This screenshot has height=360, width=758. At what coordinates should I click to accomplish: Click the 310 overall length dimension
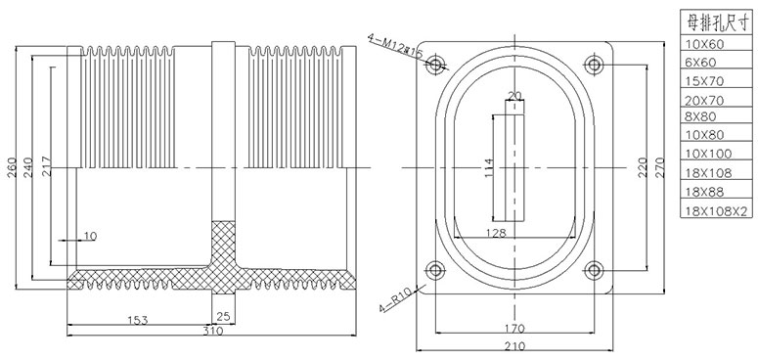212,331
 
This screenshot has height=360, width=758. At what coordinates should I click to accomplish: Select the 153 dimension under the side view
137,320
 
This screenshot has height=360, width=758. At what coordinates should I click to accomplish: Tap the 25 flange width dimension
223,317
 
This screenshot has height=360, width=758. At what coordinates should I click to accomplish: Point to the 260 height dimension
12,167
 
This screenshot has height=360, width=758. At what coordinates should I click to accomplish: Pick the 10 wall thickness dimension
90,237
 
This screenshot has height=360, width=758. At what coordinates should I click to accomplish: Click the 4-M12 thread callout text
395,46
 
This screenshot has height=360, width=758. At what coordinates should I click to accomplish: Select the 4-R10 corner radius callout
395,300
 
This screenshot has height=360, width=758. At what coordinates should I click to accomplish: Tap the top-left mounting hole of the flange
435,65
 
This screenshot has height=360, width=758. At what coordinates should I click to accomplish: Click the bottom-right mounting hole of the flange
594,270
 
